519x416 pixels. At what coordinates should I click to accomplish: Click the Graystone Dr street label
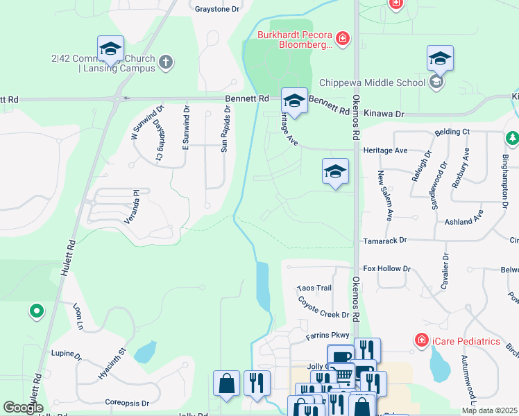[217, 10]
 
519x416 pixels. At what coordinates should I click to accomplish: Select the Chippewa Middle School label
[373, 83]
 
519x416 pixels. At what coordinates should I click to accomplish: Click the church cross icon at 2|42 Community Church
[165, 62]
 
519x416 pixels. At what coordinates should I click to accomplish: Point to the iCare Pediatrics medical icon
[421, 340]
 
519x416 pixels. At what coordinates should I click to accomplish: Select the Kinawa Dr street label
[388, 112]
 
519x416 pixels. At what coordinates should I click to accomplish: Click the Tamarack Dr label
[384, 240]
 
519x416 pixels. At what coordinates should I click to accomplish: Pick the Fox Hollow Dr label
[387, 268]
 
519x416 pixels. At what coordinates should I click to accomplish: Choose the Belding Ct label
[452, 132]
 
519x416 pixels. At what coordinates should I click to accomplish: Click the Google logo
[24, 408]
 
